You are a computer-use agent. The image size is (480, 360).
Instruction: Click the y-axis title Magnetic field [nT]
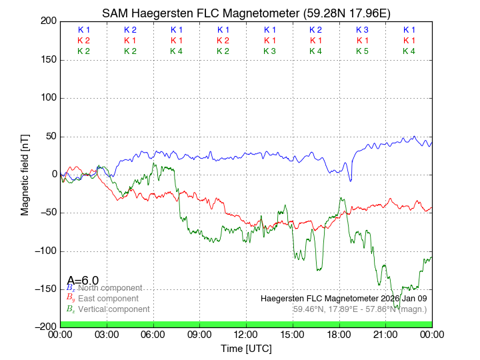tap(25, 173)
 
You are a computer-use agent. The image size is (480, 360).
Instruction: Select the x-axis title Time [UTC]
tap(246, 349)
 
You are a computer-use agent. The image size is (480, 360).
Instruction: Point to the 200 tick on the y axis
tap(49, 21)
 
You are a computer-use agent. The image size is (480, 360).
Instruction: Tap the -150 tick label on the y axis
tap(46, 289)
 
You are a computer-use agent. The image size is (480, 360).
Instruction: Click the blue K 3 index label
tap(362, 30)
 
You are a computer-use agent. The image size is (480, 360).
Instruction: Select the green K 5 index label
tap(362, 51)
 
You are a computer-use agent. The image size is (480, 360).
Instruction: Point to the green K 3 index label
tap(269, 51)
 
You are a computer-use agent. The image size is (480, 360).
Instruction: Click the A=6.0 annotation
tap(83, 281)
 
